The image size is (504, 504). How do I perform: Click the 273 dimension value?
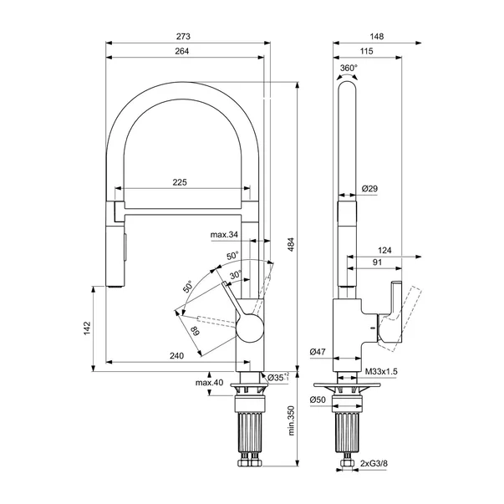point(183,36)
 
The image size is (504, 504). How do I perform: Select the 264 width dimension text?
point(182,51)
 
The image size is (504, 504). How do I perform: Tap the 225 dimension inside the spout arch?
point(180,182)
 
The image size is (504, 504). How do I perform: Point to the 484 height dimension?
point(291,244)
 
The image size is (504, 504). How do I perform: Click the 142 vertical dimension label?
point(87,328)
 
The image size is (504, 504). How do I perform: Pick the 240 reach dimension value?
point(177,356)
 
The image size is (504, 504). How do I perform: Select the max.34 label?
point(224,235)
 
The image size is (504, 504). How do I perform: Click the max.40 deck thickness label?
point(209,383)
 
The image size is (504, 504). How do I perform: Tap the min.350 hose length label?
point(291,420)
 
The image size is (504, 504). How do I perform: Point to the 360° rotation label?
point(349,69)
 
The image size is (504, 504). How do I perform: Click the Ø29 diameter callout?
point(369,189)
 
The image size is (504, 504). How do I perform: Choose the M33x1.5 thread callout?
point(381,372)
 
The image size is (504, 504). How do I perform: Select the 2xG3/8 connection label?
point(374,463)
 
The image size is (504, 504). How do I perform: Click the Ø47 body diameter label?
point(318,352)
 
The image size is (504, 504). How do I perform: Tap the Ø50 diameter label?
point(318,400)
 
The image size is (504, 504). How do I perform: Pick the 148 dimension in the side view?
point(377,36)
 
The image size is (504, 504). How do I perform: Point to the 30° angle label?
point(236,275)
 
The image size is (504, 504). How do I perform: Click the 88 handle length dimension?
point(195,331)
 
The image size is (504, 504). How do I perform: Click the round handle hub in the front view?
point(250,328)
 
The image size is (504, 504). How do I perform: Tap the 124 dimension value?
point(384,250)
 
